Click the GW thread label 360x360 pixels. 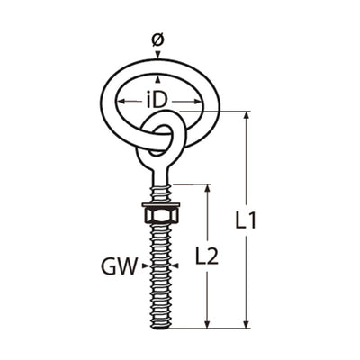click(118, 265)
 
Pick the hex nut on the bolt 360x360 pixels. click(161, 219)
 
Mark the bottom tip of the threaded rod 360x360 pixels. click(161, 325)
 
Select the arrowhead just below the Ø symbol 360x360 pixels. click(158, 58)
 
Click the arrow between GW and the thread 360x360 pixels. click(145, 265)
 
